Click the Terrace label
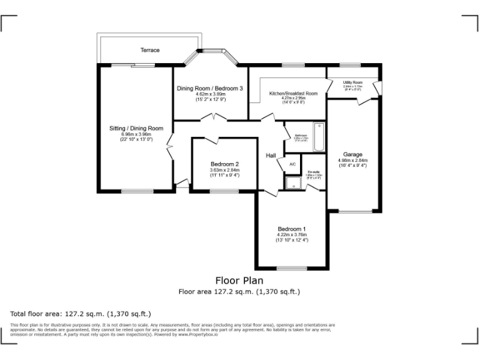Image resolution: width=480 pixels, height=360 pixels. [149, 50]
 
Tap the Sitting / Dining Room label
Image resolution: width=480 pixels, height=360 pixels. [136, 128]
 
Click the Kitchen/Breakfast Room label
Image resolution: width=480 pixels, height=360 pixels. [293, 94]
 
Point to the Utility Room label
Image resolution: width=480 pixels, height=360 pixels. [353, 82]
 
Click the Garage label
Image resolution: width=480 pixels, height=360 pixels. [352, 154]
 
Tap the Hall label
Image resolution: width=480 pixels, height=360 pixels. [271, 156]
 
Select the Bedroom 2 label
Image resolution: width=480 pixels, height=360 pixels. [224, 164]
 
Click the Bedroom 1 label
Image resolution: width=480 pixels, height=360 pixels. [292, 228]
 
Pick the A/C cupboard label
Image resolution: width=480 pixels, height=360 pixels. [292, 164]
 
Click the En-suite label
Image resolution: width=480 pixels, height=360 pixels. [314, 172]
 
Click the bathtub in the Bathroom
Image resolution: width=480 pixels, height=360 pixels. [317, 137]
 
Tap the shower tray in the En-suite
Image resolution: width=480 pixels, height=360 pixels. [292, 182]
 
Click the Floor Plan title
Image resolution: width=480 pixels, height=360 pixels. [239, 281]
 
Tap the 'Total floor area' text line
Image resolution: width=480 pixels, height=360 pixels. [81, 313]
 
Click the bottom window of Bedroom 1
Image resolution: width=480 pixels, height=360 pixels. [292, 268]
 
